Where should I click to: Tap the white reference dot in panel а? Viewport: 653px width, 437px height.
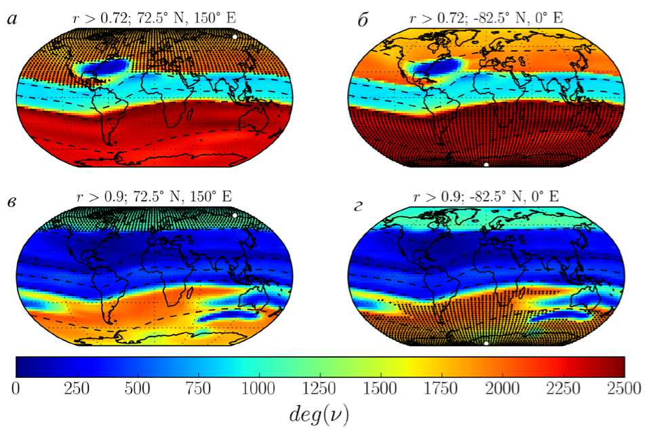[235, 37]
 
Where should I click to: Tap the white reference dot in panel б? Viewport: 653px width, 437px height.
[486, 165]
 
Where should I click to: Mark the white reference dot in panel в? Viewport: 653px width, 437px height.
[235, 215]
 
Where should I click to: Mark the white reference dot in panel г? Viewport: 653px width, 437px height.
[486, 343]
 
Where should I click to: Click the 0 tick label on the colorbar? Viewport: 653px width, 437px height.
[16, 388]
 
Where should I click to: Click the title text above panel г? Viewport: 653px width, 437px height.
[486, 197]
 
